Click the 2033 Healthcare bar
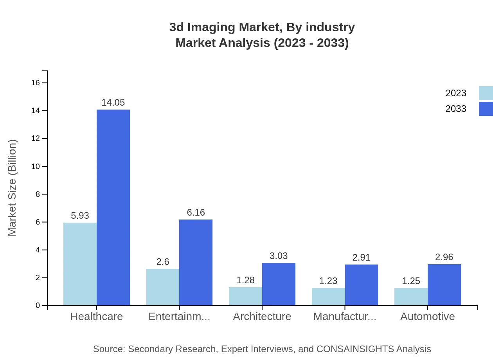point(113,207)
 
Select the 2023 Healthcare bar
point(80,264)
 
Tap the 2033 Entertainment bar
point(196,262)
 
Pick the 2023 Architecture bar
point(245,296)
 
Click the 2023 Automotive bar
point(411,297)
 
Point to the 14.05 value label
point(113,103)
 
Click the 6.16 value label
point(196,212)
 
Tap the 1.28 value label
point(245,280)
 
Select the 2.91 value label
point(361,257)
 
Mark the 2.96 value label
point(444,257)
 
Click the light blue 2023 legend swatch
point(486,93)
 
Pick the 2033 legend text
point(456,109)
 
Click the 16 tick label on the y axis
point(36,83)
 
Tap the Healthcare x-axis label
point(96,317)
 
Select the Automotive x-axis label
point(427,317)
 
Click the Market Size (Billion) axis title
point(13,188)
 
